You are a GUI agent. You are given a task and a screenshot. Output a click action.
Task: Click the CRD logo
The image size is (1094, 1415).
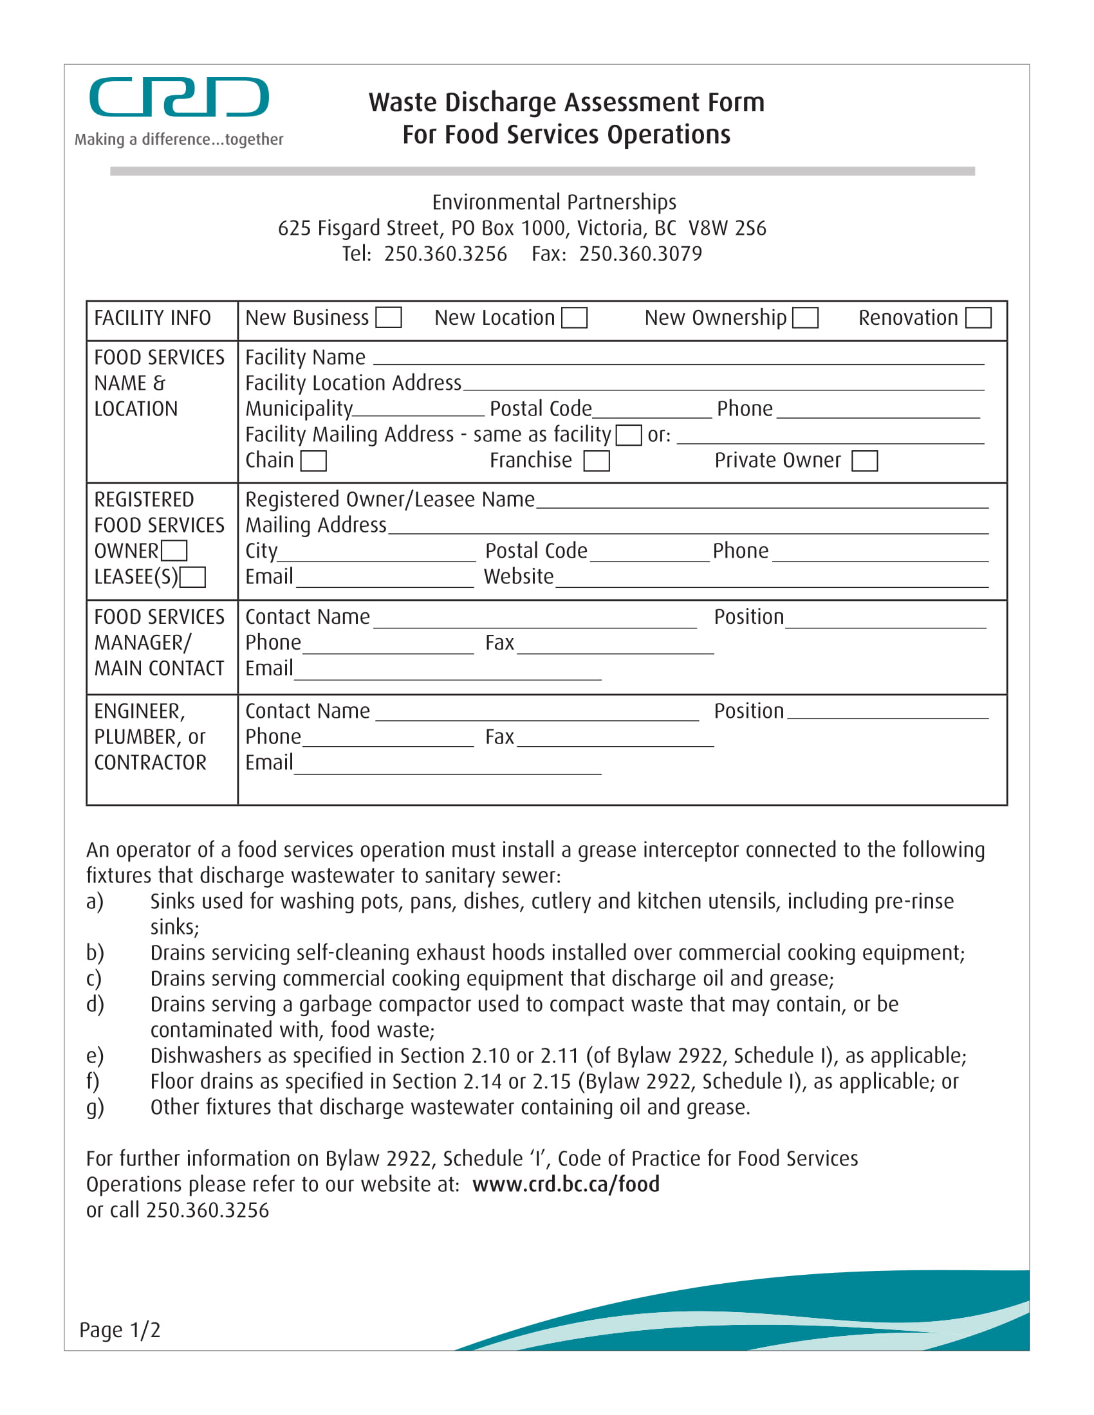pyautogui.click(x=179, y=97)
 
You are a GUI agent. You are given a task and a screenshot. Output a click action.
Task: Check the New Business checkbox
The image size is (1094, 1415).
pyautogui.click(x=389, y=318)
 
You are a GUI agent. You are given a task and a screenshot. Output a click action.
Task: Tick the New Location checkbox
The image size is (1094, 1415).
pyautogui.click(x=574, y=318)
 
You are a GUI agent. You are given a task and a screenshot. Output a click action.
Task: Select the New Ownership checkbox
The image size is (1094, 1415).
pyautogui.click(x=806, y=318)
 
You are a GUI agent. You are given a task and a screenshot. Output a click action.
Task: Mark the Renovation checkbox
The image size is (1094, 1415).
pyautogui.click(x=978, y=318)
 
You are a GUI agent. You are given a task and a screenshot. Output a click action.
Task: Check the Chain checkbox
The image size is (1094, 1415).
pyautogui.click(x=313, y=461)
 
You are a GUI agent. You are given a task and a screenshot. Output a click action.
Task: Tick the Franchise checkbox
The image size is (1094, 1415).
pyautogui.click(x=597, y=461)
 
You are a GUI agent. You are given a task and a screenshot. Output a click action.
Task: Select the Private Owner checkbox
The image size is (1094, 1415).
pyautogui.click(x=864, y=461)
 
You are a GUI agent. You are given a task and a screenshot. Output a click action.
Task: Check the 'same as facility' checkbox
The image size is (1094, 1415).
pyautogui.click(x=628, y=435)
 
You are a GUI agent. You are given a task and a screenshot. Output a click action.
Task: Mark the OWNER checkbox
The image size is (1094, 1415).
pyautogui.click(x=174, y=551)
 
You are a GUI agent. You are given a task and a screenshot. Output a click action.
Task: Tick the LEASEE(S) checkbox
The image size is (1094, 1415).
pyautogui.click(x=192, y=578)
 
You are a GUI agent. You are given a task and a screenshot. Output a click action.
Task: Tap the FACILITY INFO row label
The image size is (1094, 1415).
pyautogui.click(x=153, y=318)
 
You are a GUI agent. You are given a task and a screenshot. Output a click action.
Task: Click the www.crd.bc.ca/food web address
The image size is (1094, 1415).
pyautogui.click(x=566, y=1184)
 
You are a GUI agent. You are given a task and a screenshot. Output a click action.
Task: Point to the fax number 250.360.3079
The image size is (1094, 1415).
pyautogui.click(x=640, y=254)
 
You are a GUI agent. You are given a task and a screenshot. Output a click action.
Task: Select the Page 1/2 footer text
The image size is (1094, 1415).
pyautogui.click(x=120, y=1330)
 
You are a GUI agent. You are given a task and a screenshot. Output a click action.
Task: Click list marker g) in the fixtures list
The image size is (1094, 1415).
pyautogui.click(x=95, y=1108)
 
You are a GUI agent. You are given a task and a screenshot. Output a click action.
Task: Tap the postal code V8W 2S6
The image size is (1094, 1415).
pyautogui.click(x=727, y=228)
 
